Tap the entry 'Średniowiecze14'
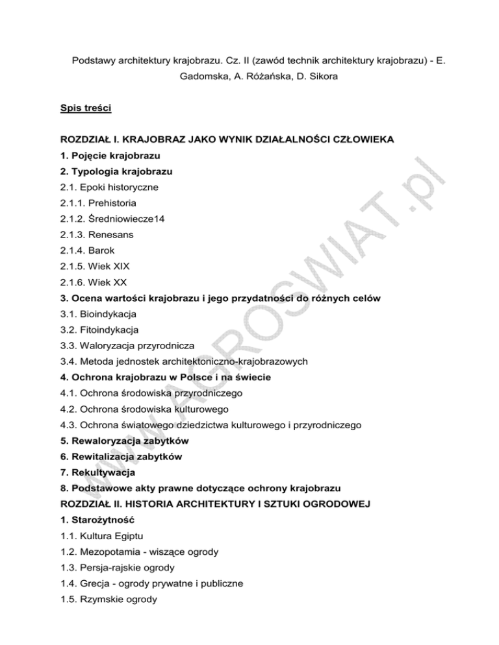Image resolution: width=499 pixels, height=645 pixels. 131,220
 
